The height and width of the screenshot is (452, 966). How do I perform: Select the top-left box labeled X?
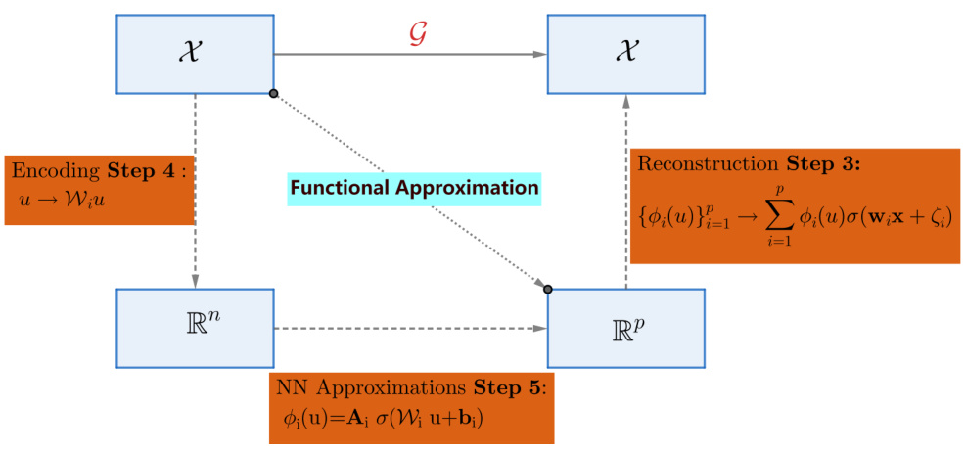click(x=194, y=53)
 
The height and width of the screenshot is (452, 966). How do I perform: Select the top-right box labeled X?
click(x=624, y=53)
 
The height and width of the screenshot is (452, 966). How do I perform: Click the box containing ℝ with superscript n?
click(x=194, y=328)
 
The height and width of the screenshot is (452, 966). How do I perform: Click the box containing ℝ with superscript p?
click(x=624, y=328)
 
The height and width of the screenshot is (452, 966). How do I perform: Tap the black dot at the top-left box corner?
click(x=273, y=93)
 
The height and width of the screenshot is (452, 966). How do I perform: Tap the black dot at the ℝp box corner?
click(x=547, y=289)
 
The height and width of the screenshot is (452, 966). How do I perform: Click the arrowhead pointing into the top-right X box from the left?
click(x=539, y=54)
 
